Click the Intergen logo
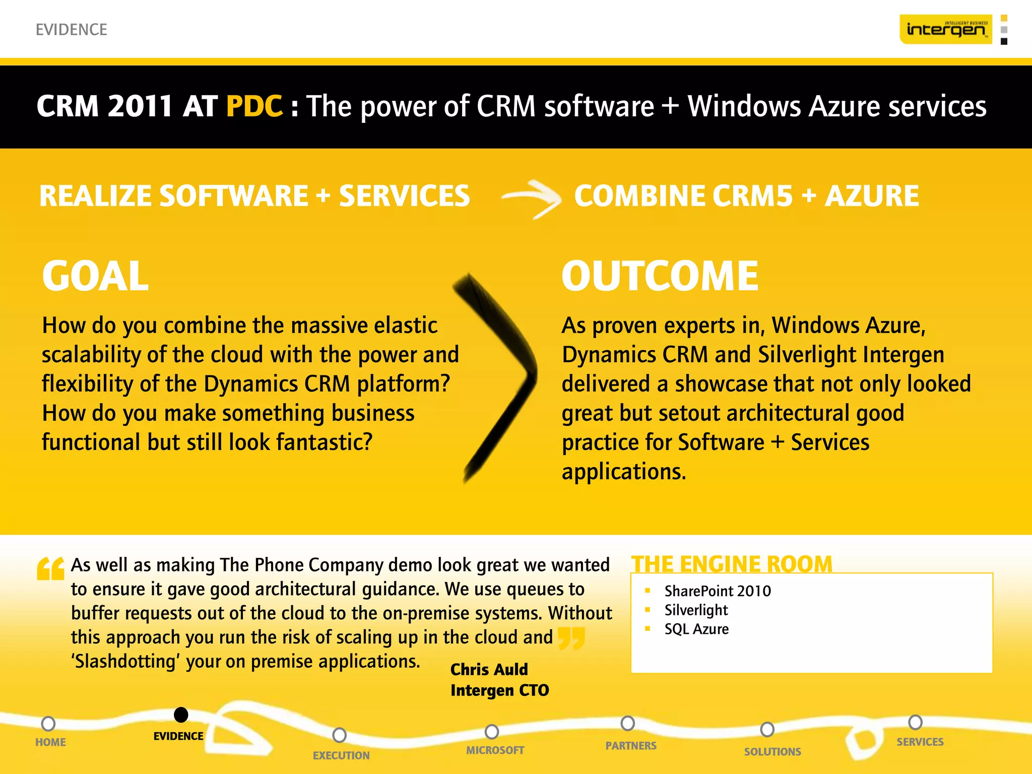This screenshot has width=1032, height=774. pos(946,29)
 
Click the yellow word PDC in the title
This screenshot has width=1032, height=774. pos(254,106)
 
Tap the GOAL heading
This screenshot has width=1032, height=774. pos(95,276)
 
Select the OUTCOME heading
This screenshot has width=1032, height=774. pos(660,276)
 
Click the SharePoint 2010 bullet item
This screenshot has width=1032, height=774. pos(717,591)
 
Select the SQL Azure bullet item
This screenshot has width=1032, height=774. pos(696,629)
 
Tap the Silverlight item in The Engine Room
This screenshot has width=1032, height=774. pos(696,610)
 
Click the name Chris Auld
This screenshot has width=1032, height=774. pos(489,669)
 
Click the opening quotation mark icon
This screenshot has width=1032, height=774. pos(50,569)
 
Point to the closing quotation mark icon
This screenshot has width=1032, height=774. pos(572,637)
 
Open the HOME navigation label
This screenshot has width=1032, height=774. pos(50,742)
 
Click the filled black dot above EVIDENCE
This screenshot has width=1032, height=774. pos(181,715)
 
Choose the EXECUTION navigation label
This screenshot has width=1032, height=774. pos(341,755)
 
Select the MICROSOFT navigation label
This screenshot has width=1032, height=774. pos(495,750)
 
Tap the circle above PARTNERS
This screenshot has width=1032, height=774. pos(627,723)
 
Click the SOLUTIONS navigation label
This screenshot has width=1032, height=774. pos(772,752)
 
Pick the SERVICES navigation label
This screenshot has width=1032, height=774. pos(920,742)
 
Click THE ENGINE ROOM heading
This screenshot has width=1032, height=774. pos(732,564)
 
